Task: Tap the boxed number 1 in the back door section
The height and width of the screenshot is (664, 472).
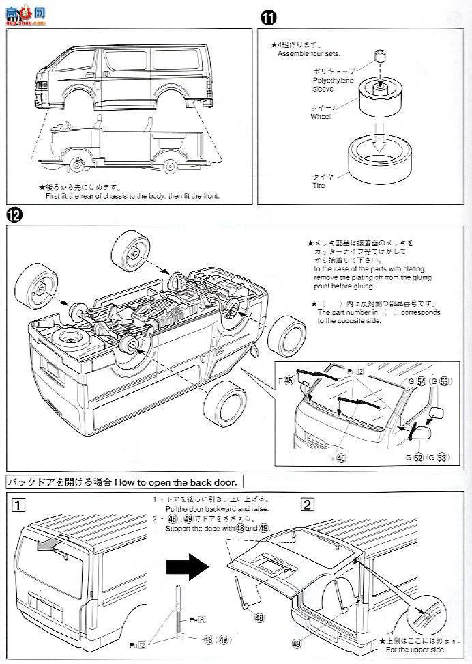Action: [18, 506]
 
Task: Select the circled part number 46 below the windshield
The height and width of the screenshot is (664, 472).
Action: [342, 459]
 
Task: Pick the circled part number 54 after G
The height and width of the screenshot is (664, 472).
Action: [421, 381]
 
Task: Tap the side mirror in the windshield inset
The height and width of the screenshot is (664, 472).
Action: [434, 415]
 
